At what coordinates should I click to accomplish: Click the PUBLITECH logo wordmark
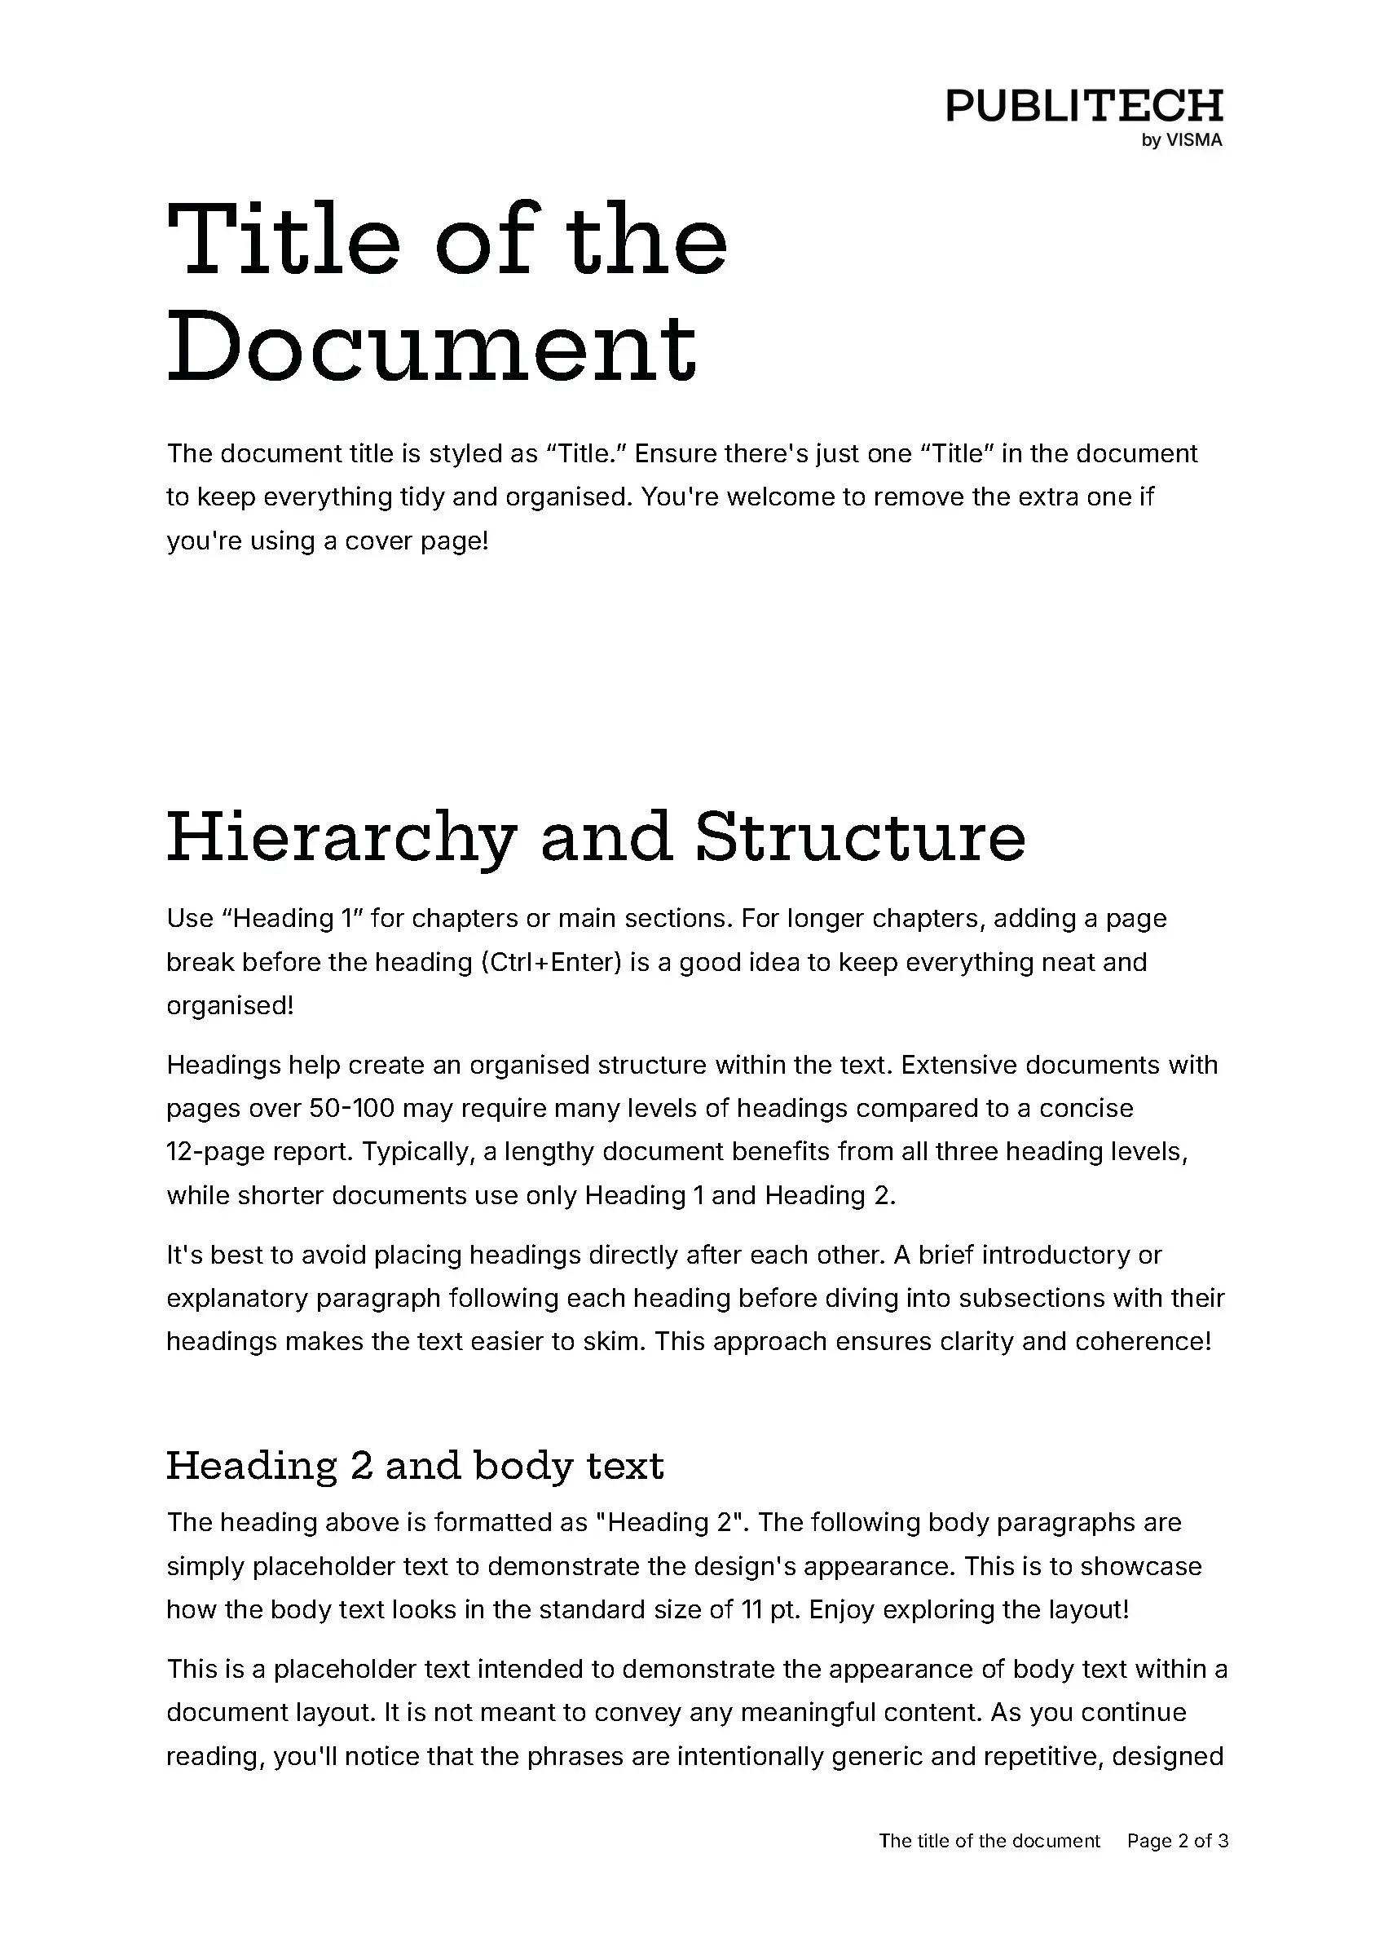(1084, 106)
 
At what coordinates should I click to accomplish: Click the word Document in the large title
(431, 347)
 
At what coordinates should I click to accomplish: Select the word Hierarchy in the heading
(342, 838)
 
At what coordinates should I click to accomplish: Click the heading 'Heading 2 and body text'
(415, 1466)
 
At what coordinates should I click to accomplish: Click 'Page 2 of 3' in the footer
(1178, 1841)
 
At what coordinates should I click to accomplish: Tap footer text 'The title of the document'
(989, 1841)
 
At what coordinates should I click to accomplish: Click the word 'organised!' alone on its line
(231, 1006)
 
